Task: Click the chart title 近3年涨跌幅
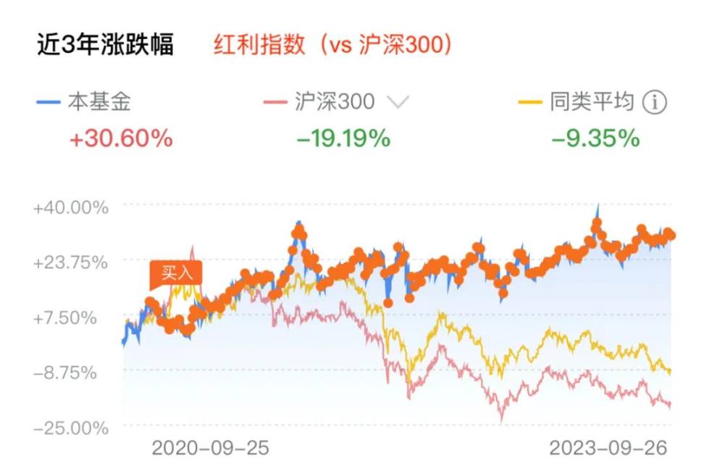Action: pos(105,45)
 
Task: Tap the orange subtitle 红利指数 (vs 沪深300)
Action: pos(333,45)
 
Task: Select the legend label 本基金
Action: pos(99,102)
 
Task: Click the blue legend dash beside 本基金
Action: pos(47,103)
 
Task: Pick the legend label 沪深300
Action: pos(335,102)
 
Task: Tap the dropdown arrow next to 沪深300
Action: pos(398,103)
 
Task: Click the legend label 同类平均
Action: pos(592,102)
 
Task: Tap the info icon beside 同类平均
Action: pos(654,103)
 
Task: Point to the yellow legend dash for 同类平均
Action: pos(531,103)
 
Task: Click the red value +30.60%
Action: pos(122,138)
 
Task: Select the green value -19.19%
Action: pos(344,138)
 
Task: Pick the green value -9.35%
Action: pos(595,138)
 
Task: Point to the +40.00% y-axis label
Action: pos(70,207)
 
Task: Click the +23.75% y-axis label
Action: pos(70,262)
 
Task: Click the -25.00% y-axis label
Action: pos(70,428)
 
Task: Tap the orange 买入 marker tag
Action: pos(175,273)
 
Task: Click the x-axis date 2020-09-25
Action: pos(210,449)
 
